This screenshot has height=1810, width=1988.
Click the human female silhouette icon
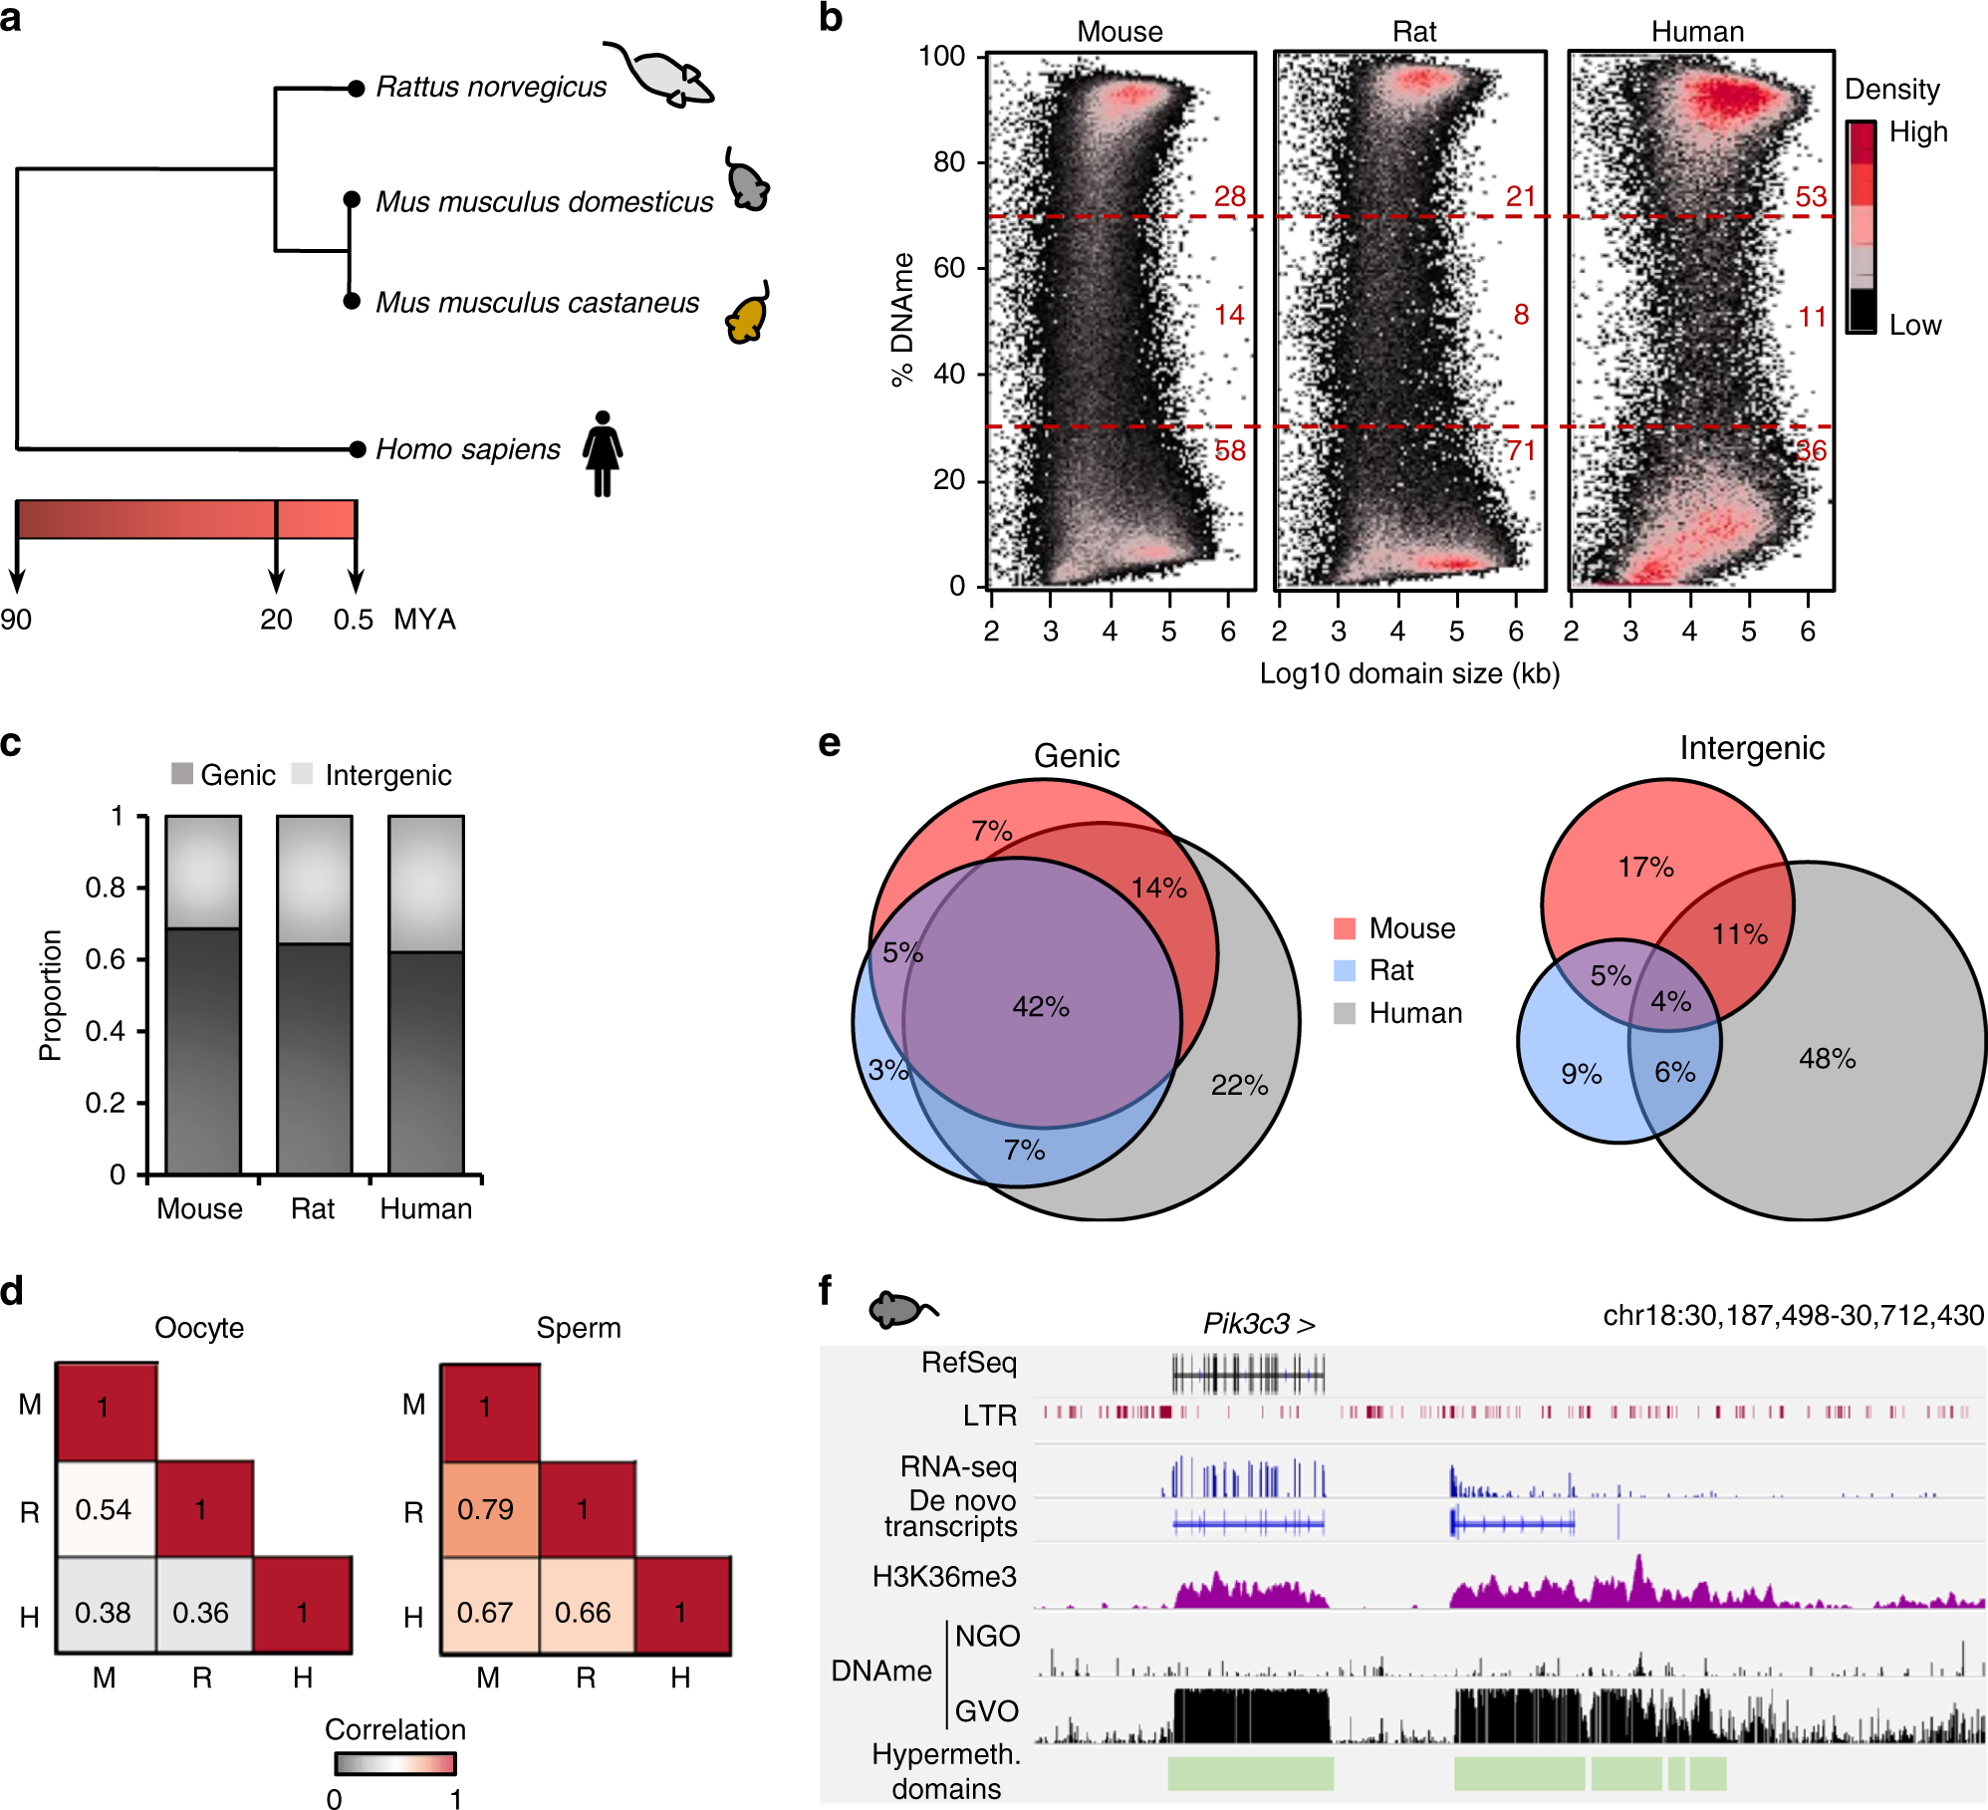tap(602, 453)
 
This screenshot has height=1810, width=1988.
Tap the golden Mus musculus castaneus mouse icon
tap(747, 313)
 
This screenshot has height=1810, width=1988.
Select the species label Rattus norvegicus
tap(491, 88)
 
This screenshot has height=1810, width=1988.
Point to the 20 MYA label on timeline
tap(276, 620)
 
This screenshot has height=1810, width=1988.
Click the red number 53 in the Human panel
tap(1811, 196)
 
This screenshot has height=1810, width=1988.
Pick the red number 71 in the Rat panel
tap(1521, 451)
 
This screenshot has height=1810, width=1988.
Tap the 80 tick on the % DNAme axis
tap(949, 161)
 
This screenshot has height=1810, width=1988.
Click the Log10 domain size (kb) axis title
tap(1409, 674)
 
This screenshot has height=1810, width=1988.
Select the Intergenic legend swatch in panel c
tap(302, 774)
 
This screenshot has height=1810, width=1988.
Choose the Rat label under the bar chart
tap(313, 1208)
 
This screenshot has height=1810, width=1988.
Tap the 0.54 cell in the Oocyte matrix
tap(104, 1509)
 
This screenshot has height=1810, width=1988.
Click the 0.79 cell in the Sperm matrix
tap(486, 1509)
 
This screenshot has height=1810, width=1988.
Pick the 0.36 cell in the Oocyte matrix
tap(201, 1612)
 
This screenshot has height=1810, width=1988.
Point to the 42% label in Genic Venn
tap(1041, 1006)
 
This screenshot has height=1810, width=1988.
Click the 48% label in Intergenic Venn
tap(1827, 1059)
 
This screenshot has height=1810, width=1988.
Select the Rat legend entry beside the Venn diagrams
tap(1391, 970)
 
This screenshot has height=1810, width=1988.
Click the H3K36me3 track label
tap(944, 1577)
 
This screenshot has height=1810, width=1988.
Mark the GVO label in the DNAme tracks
tap(986, 1711)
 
